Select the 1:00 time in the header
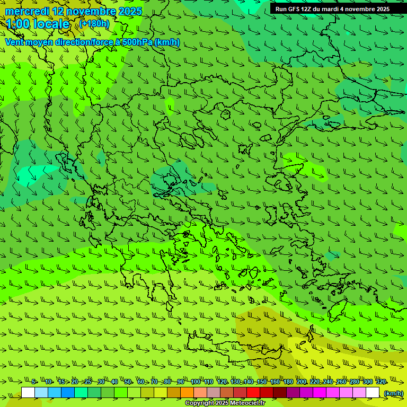(x=18, y=24)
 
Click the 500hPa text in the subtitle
(x=137, y=42)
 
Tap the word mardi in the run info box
(x=330, y=9)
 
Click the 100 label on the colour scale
(x=196, y=382)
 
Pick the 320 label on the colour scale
(x=381, y=382)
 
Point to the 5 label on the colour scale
(x=34, y=382)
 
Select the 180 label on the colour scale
(x=288, y=382)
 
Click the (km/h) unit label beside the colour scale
(x=394, y=393)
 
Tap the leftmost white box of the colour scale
(x=28, y=393)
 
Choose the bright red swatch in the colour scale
(x=253, y=393)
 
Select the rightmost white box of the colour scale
(x=373, y=393)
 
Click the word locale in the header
(x=51, y=24)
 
